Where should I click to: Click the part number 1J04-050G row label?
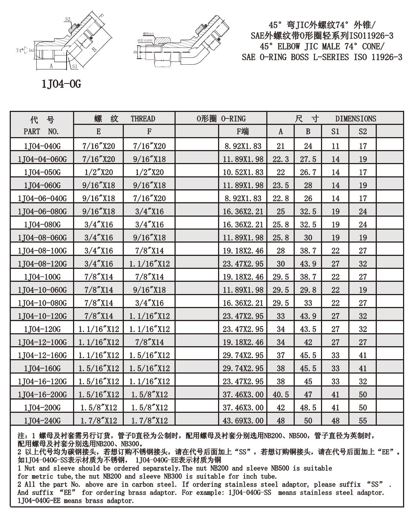coord(42,172)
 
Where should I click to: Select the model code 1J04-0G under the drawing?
coord(61,84)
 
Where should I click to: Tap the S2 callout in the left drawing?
coord(68,19)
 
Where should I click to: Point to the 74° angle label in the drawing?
coord(19,50)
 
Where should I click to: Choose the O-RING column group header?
coord(221,119)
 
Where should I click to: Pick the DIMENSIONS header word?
coord(356,119)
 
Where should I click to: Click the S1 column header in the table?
coord(335,131)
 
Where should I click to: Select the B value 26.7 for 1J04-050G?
coord(308,172)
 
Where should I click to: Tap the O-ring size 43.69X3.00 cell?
coord(243,420)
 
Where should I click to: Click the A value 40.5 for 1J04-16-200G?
coord(281,394)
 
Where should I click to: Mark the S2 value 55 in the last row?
coord(363,420)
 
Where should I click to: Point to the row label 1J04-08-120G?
coord(42,264)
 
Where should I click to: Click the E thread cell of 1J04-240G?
coord(99,420)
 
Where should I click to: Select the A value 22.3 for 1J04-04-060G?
coord(281,159)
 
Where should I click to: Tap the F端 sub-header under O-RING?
coord(243,131)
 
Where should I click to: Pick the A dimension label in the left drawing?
coord(51,66)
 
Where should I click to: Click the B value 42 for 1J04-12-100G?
coord(308,342)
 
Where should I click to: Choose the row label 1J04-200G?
coord(42,407)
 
